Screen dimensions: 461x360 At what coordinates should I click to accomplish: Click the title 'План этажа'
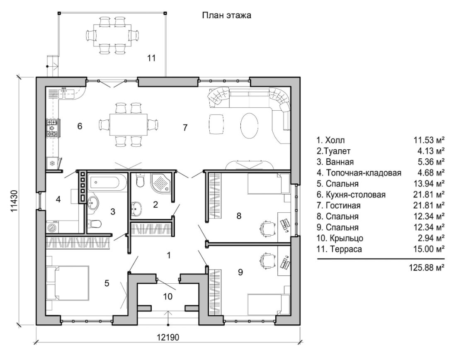pos(226,16)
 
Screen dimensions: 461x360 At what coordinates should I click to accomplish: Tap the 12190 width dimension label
pos(168,337)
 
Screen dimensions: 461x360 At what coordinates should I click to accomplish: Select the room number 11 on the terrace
pos(151,58)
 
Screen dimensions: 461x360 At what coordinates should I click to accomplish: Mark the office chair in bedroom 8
pos(267,227)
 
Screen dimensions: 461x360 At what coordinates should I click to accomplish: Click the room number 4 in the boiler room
pos(58,199)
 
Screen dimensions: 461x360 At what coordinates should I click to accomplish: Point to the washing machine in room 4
pos(53,227)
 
